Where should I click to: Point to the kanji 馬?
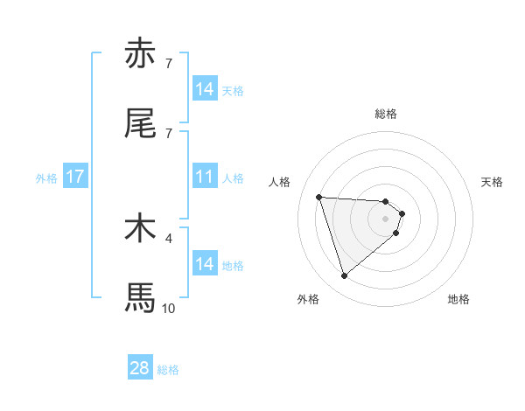140,297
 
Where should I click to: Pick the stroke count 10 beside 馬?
169,308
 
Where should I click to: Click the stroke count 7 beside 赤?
169,64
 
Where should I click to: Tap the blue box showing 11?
205,177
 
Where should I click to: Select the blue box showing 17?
75,177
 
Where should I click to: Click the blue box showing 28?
140,368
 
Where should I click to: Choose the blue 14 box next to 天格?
205,89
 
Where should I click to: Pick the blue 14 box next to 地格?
205,264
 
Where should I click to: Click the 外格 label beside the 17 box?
46,178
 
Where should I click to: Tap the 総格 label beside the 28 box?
168,369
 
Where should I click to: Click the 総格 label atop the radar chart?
386,114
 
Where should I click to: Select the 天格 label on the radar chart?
493,182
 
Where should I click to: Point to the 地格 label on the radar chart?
458,299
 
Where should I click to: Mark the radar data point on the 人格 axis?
319,197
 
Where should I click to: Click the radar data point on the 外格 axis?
344,276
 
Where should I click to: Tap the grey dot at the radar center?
386,219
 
